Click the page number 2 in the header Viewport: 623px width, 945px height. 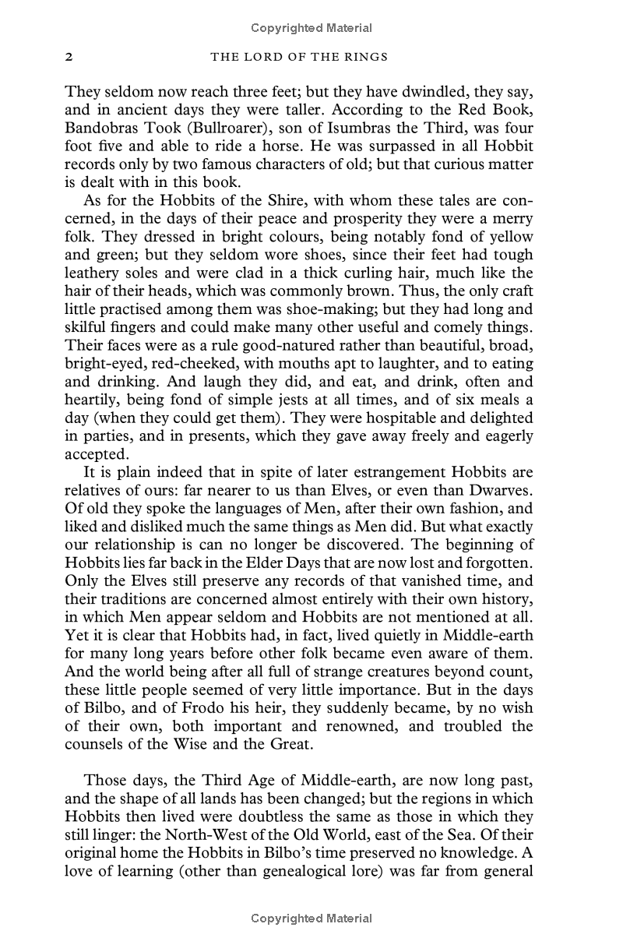(69, 57)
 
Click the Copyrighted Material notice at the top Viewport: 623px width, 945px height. (311, 28)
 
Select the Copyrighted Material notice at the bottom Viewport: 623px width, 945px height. (311, 919)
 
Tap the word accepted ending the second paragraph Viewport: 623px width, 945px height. (94, 453)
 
